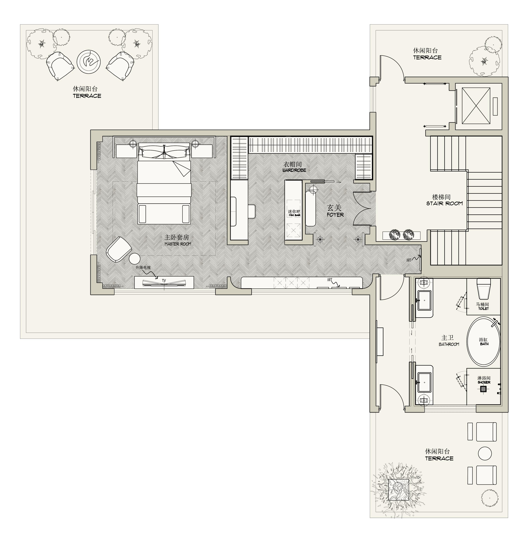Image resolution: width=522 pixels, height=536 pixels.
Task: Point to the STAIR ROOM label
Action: pos(444,203)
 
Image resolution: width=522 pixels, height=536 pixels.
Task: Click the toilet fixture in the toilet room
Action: pos(484,289)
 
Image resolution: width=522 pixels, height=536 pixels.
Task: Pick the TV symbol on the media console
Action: pos(164,282)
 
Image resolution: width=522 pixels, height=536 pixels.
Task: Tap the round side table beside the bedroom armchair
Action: pos(135,258)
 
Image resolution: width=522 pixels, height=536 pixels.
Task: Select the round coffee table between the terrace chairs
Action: pos(89,61)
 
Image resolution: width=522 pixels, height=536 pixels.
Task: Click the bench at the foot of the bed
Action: pos(164,214)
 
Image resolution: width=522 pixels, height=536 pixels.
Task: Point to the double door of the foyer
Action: pos(362,208)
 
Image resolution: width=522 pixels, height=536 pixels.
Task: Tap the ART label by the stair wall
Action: pos(409,260)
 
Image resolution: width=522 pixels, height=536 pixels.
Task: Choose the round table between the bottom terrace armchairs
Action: pos(485,453)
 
